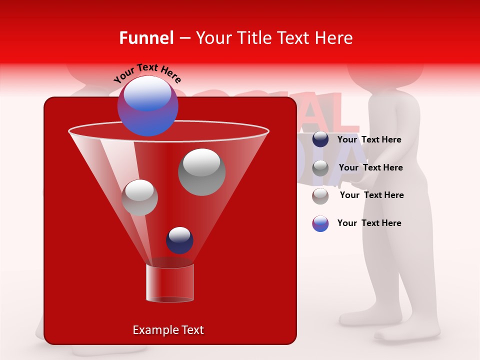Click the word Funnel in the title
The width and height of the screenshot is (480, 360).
pos(146,38)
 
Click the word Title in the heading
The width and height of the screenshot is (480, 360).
pos(252,38)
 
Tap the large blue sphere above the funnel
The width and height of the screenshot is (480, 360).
pos(148,106)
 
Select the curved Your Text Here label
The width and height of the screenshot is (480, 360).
pos(147,73)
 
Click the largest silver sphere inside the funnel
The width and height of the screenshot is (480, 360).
pos(201,172)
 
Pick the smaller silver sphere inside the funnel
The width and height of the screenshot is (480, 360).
pos(139,197)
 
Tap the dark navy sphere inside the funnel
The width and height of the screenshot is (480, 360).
pos(179,240)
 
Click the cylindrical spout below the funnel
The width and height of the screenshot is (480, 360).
pos(170,283)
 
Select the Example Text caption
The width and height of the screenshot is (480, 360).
pos(168,330)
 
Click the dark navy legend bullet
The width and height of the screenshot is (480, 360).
pos(320,139)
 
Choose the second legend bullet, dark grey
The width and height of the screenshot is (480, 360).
pos(320,168)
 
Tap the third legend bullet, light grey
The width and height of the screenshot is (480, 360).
pos(320,196)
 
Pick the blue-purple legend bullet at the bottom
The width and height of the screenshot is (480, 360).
pos(320,223)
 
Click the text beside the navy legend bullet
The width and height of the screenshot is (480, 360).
pos(369,139)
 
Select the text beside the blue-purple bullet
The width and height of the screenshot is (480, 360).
pos(369,223)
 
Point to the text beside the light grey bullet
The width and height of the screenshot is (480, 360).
pos(371,195)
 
